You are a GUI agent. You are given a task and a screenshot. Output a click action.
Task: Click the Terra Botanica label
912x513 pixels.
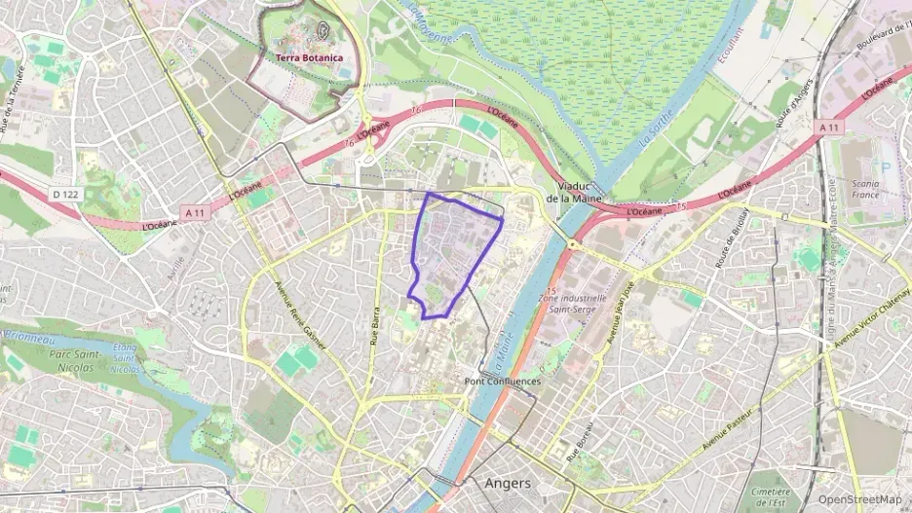click(309, 57)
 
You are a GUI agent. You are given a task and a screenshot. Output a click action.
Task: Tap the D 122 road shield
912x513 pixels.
click(65, 195)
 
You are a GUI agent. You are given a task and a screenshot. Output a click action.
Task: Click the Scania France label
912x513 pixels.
click(864, 189)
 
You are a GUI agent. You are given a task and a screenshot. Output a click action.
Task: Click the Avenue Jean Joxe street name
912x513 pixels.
click(621, 314)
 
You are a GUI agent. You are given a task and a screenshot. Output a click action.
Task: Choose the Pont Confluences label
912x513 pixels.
click(502, 381)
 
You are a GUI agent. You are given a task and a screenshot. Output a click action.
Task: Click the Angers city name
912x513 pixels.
click(508, 484)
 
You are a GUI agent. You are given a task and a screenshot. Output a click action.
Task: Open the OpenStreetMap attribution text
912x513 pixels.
click(859, 499)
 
